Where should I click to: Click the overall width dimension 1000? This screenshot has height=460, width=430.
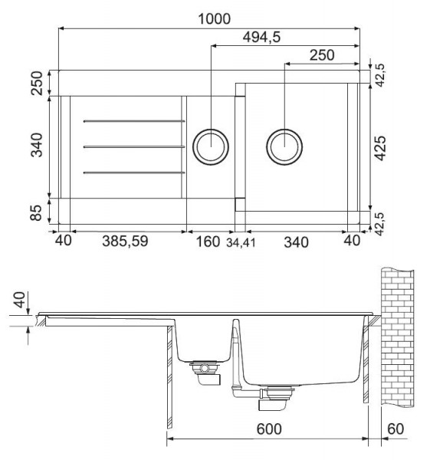pos(215,19)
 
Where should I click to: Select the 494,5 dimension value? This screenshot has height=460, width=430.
pos(261,38)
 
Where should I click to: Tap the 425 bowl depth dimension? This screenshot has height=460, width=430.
pos(381,148)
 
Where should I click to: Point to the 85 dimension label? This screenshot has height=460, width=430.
pos(37,213)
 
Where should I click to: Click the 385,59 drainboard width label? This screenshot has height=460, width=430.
pos(125,242)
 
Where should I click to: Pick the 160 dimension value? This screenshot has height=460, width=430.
pos(208,242)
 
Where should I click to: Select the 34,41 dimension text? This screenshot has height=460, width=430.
pos(241,243)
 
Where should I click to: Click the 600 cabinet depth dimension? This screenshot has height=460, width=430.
pos(269,429)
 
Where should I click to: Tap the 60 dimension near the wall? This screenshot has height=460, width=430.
pos(396,429)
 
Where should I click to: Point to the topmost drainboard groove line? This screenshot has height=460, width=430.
pos(134,121)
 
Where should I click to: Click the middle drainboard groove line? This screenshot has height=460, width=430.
pos(134,146)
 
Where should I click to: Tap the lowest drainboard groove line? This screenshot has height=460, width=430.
pos(134,172)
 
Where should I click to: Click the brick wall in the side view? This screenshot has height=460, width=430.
pos(398,338)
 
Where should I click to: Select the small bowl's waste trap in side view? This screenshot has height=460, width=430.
pos(205,372)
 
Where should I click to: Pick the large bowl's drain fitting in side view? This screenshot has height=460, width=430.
pos(276,397)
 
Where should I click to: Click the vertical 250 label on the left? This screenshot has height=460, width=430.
pos(37,84)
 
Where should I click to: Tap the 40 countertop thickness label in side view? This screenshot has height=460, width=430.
pos(20,300)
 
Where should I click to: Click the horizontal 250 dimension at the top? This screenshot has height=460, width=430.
pos(322,55)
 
